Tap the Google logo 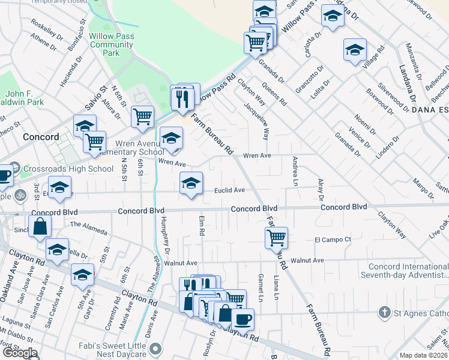[x=20, y=353]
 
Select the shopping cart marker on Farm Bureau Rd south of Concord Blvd [x=276, y=237]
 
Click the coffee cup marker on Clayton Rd [x=243, y=319]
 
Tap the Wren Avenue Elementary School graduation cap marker [x=172, y=138]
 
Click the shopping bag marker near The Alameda [x=40, y=226]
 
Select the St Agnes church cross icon [x=384, y=312]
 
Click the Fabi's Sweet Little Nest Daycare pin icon [x=156, y=348]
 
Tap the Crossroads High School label [x=67, y=169]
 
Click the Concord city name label [x=40, y=137]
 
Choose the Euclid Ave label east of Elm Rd [x=230, y=190]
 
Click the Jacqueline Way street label [x=256, y=118]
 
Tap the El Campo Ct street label [x=333, y=239]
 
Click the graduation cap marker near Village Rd [x=355, y=50]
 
